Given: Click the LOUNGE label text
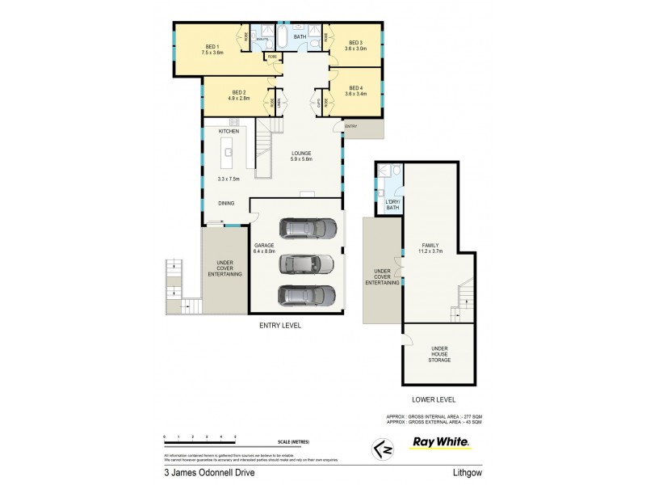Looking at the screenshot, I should coord(300,153).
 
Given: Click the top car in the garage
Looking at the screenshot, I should coord(308,230).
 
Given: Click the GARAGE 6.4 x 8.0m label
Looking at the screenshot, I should coord(265,247).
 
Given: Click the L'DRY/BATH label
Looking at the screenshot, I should coord(392,205).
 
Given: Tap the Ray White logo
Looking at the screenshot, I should coord(441,442).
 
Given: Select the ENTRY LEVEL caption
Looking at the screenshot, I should coord(279,325).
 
